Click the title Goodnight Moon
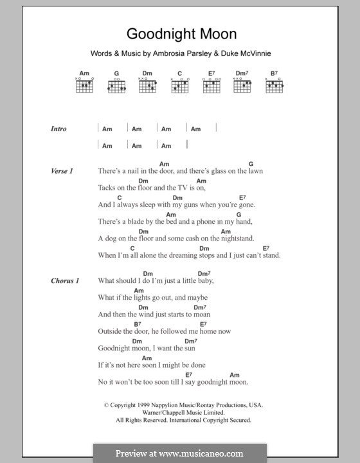point(181,33)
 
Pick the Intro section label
point(59,129)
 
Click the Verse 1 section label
point(62,171)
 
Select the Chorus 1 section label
point(65,280)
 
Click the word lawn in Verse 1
point(253,172)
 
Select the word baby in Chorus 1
point(203,281)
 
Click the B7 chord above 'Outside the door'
point(138,323)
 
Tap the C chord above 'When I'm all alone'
point(132,248)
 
